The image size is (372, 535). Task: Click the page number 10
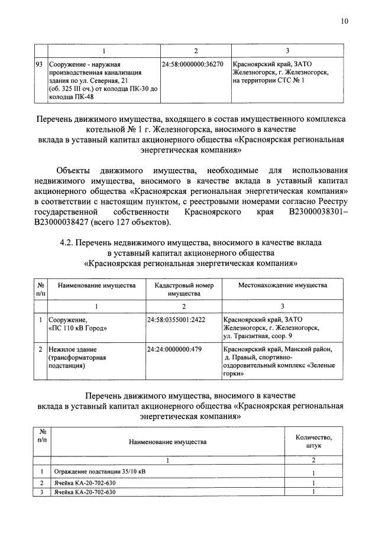coord(344,21)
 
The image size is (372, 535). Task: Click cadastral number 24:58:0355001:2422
coord(177,319)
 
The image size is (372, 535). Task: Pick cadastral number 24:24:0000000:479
coord(174,349)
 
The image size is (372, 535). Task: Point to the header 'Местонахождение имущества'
coord(282,286)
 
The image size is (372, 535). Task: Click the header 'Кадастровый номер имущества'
coord(184,289)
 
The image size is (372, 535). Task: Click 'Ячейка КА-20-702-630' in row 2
coord(82,482)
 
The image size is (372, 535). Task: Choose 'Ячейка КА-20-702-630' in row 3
coord(82,491)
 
